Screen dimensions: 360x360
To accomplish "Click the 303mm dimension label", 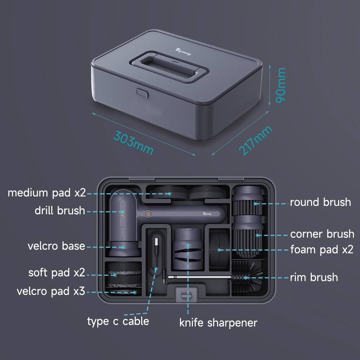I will pyautogui.click(x=133, y=142).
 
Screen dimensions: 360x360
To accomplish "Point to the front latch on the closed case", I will pyautogui.click(x=142, y=93).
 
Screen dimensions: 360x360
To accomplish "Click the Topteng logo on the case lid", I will pyautogui.click(x=183, y=52).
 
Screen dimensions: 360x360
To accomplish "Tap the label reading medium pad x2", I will pyautogui.click(x=47, y=193).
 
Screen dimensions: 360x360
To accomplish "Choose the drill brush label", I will pyautogui.click(x=60, y=211).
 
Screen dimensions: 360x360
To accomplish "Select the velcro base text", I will pyautogui.click(x=57, y=247).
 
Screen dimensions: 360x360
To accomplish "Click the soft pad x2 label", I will pyautogui.click(x=57, y=273).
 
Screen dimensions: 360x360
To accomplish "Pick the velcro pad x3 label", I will pyautogui.click(x=51, y=291).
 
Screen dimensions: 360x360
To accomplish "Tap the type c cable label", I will pyautogui.click(x=118, y=321).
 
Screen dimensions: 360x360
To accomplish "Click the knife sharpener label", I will pyautogui.click(x=218, y=323).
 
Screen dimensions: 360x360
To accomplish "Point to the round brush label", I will pyautogui.click(x=320, y=202).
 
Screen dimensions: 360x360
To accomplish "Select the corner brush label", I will pyautogui.click(x=322, y=234).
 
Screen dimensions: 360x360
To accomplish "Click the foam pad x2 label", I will pyautogui.click(x=322, y=249).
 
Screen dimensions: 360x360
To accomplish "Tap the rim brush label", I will pyautogui.click(x=314, y=277).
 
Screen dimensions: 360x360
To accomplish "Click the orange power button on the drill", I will pyautogui.click(x=148, y=213).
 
